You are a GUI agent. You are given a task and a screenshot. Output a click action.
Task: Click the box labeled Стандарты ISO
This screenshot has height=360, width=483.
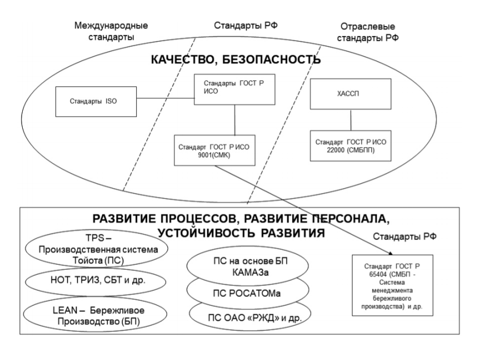click(96, 101)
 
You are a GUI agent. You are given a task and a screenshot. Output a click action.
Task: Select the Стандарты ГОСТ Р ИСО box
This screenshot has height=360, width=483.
click(235, 89)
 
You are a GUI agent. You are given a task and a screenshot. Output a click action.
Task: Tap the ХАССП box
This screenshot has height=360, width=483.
click(351, 94)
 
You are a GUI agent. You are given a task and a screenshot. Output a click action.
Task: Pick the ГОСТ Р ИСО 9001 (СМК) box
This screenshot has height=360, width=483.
click(215, 150)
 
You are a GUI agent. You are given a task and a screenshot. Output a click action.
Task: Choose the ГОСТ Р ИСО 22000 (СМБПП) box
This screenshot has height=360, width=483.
click(351, 145)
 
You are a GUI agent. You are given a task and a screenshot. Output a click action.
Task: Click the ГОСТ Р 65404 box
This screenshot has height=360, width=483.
click(392, 285)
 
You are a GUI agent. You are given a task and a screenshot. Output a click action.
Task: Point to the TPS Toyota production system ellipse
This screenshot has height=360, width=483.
click(96, 249)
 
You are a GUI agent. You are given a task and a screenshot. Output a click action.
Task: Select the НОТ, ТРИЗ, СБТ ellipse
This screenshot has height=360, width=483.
click(96, 281)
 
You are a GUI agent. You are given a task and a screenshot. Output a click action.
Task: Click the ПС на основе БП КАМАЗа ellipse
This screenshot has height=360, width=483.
click(248, 266)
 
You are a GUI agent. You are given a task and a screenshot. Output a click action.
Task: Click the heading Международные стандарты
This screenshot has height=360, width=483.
click(111, 31)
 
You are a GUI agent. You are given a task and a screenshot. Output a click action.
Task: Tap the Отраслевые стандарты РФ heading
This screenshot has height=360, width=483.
click(367, 32)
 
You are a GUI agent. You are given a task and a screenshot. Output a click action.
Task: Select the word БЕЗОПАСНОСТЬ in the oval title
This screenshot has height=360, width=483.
click(271, 59)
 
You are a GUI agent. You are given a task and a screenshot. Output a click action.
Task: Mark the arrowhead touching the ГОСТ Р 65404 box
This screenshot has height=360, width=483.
click(391, 253)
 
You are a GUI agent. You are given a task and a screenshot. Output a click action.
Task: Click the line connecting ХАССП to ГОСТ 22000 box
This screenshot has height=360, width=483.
click(351, 120)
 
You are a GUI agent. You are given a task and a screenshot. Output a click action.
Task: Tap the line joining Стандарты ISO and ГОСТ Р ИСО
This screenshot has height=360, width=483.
click(165, 98)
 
